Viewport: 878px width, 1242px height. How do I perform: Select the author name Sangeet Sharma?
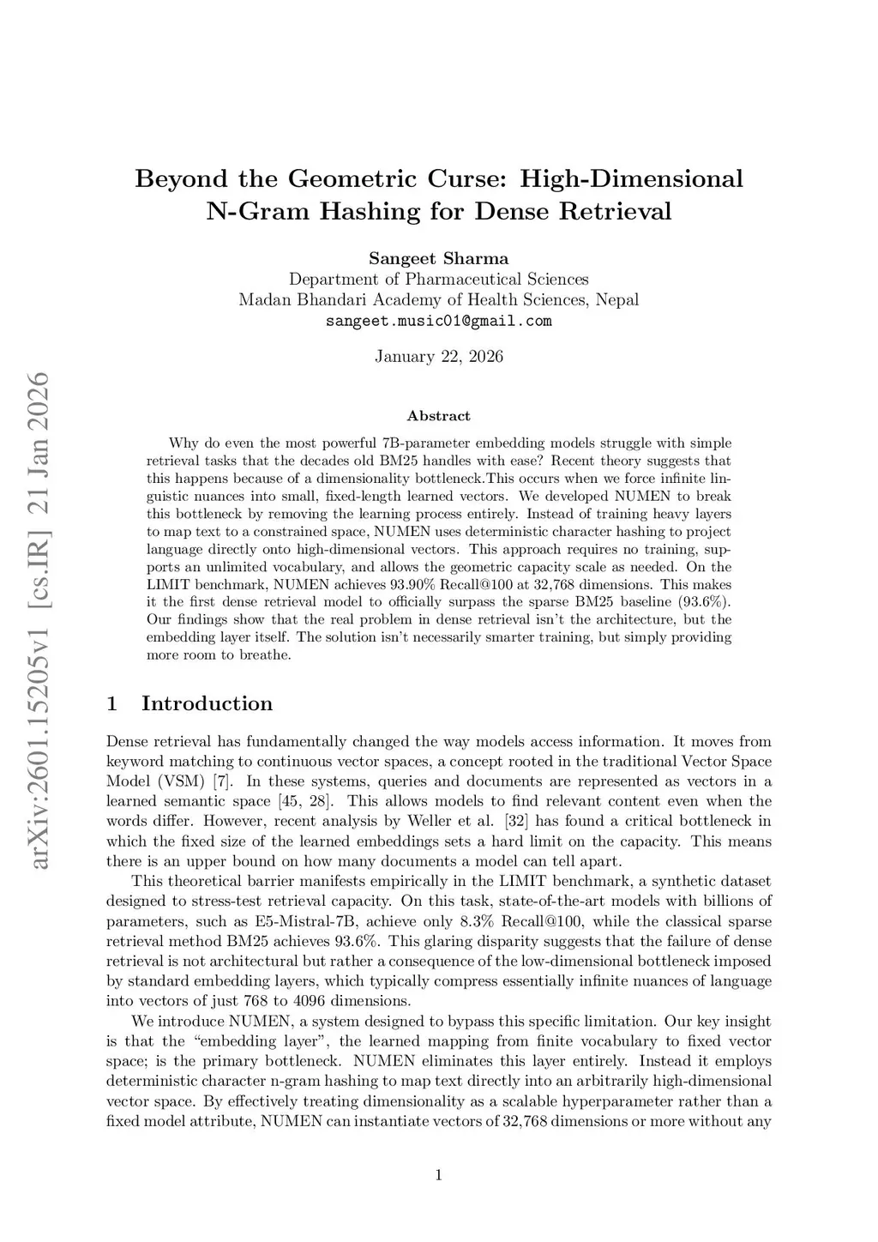pyautogui.click(x=438, y=258)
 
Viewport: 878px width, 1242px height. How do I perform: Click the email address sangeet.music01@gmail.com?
pyautogui.click(x=438, y=322)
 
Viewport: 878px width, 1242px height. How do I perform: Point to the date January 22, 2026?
pyautogui.click(x=438, y=357)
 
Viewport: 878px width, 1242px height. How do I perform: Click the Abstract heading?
pyautogui.click(x=438, y=416)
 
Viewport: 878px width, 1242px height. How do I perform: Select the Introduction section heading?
pyautogui.click(x=207, y=704)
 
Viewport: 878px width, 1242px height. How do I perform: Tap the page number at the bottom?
pyautogui.click(x=438, y=1175)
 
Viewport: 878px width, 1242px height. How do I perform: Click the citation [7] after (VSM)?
pyautogui.click(x=222, y=781)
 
